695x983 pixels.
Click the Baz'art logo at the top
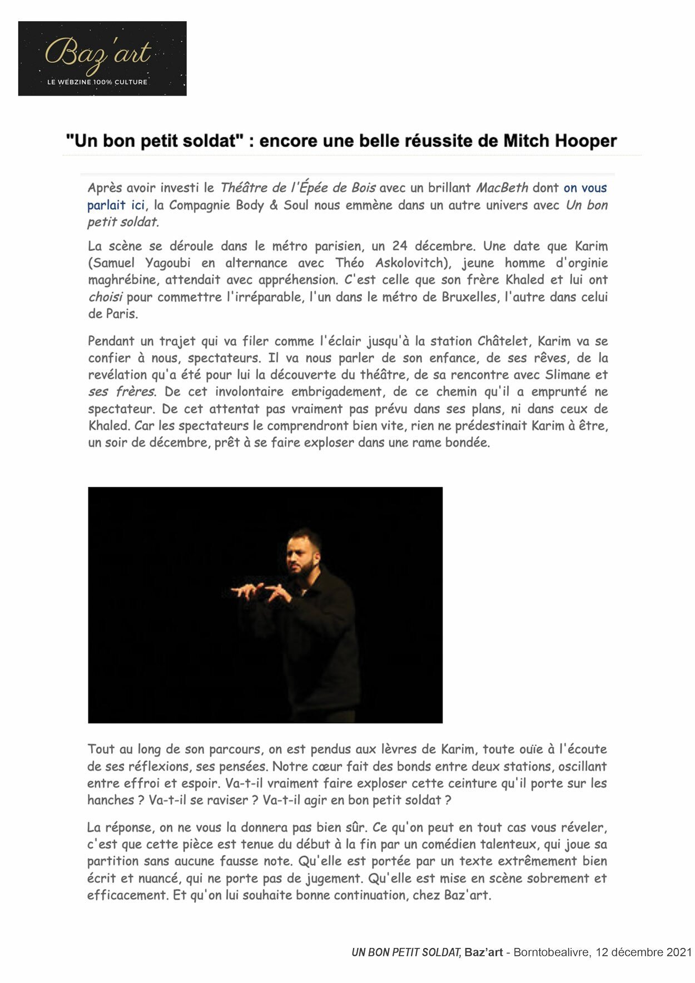tap(102, 58)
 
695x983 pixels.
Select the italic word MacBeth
tap(502, 188)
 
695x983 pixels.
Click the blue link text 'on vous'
tap(585, 188)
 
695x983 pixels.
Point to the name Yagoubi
tap(167, 263)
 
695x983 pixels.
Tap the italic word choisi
tap(105, 297)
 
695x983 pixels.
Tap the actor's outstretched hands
tap(261, 592)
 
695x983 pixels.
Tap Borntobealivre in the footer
tap(552, 952)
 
